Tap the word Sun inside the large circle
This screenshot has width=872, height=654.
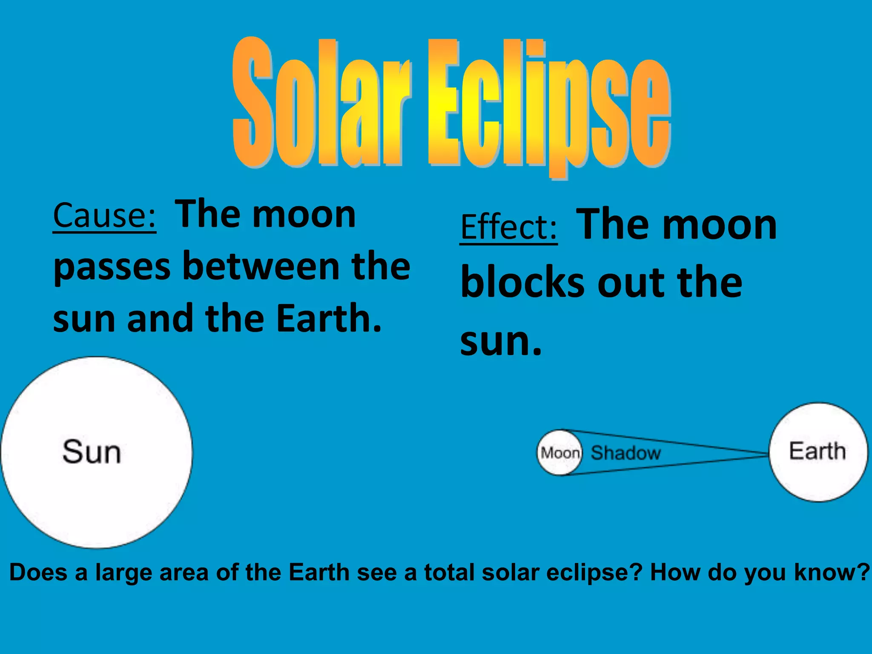[x=92, y=452]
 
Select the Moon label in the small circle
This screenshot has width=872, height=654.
[x=560, y=453]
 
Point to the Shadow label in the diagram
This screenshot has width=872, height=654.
[x=625, y=453]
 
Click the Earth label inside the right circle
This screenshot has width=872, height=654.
[x=817, y=451]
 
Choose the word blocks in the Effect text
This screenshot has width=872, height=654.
[x=523, y=283]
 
